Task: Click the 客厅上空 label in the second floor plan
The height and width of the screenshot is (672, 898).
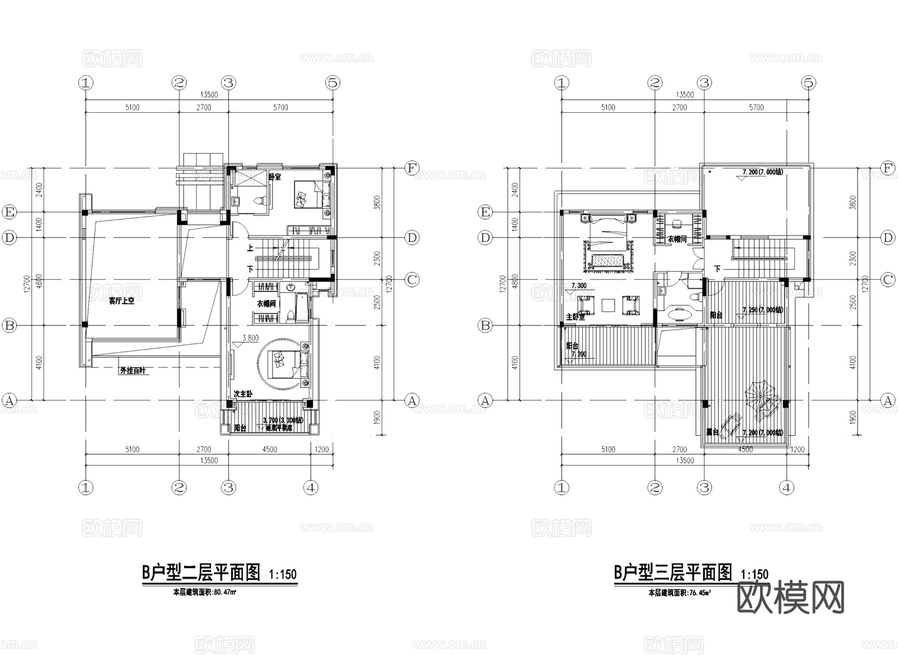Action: [x=122, y=301]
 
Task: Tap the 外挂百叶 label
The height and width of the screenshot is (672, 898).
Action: [x=132, y=371]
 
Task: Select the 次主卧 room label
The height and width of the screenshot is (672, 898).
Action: [x=243, y=394]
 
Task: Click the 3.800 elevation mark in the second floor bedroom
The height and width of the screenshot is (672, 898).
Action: [x=250, y=338]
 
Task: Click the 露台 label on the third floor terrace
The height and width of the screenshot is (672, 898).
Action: [x=712, y=432]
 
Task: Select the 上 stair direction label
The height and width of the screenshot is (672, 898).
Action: [x=250, y=248]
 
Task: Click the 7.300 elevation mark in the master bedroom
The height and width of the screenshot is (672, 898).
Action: [x=578, y=286]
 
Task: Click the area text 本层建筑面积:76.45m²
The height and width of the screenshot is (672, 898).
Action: [x=679, y=593]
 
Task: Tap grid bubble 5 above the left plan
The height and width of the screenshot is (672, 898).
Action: [x=333, y=83]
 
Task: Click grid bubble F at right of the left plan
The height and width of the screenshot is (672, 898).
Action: [x=412, y=168]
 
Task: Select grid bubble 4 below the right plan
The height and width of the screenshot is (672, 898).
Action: [x=787, y=487]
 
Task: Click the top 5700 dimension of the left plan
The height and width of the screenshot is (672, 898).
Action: [x=281, y=107]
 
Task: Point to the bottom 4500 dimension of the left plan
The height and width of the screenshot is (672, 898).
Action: [x=269, y=449]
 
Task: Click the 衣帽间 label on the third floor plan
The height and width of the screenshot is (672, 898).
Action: [x=677, y=239]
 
